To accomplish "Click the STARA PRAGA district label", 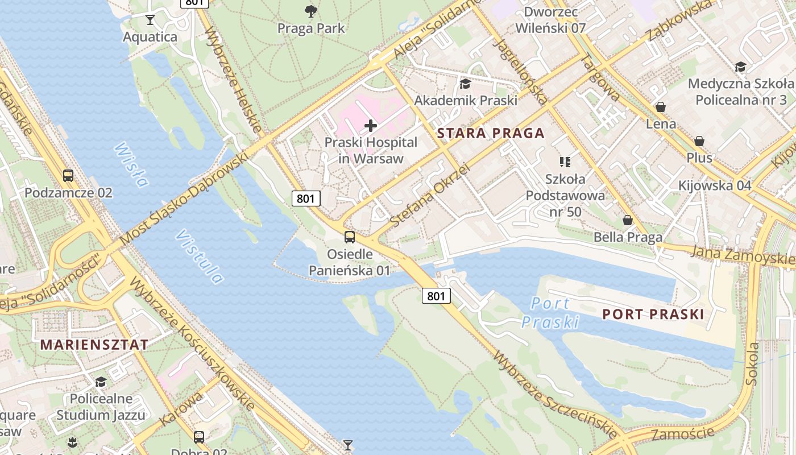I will click(x=491, y=134).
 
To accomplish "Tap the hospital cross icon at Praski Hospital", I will click(x=371, y=125).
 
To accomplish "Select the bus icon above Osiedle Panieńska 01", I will click(x=350, y=237).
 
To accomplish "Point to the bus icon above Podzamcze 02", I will click(x=68, y=175).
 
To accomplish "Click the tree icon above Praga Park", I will click(x=310, y=11).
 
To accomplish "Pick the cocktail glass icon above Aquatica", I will click(x=150, y=20).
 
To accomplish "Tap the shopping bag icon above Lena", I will click(x=661, y=107).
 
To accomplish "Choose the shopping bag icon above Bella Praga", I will click(x=628, y=220).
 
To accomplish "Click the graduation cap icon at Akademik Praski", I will click(x=465, y=84).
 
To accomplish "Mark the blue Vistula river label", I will click(x=200, y=257).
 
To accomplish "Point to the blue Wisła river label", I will click(x=131, y=165).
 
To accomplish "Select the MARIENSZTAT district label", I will click(x=94, y=345).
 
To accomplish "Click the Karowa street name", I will click(x=181, y=408).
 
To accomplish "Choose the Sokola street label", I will click(x=752, y=363).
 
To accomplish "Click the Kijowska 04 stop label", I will click(x=715, y=185).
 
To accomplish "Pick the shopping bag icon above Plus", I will click(x=699, y=141).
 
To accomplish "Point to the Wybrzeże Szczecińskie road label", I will click(x=555, y=394).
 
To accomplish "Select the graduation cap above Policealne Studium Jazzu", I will click(x=101, y=382).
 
